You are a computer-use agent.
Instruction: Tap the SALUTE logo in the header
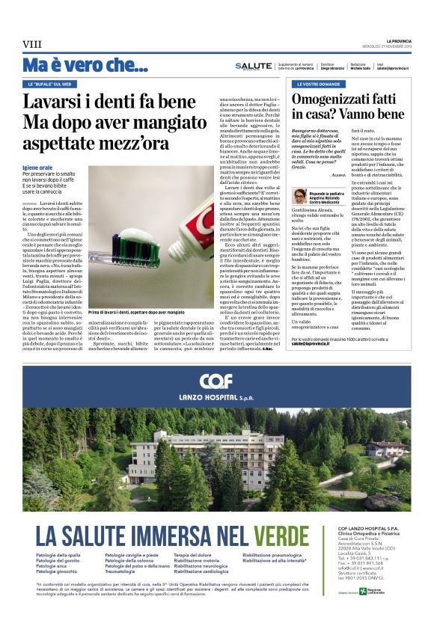tap(254, 66)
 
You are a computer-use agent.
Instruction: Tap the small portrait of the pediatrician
tap(299, 195)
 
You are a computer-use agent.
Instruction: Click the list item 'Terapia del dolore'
tap(195, 555)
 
